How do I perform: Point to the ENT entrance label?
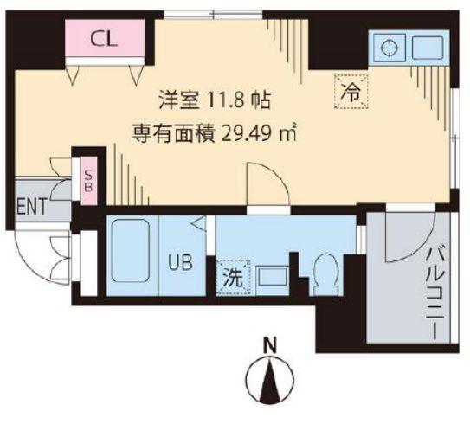(32, 206)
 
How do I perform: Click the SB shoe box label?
(87, 183)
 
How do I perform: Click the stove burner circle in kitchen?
(387, 46)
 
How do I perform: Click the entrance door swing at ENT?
(39, 255)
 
